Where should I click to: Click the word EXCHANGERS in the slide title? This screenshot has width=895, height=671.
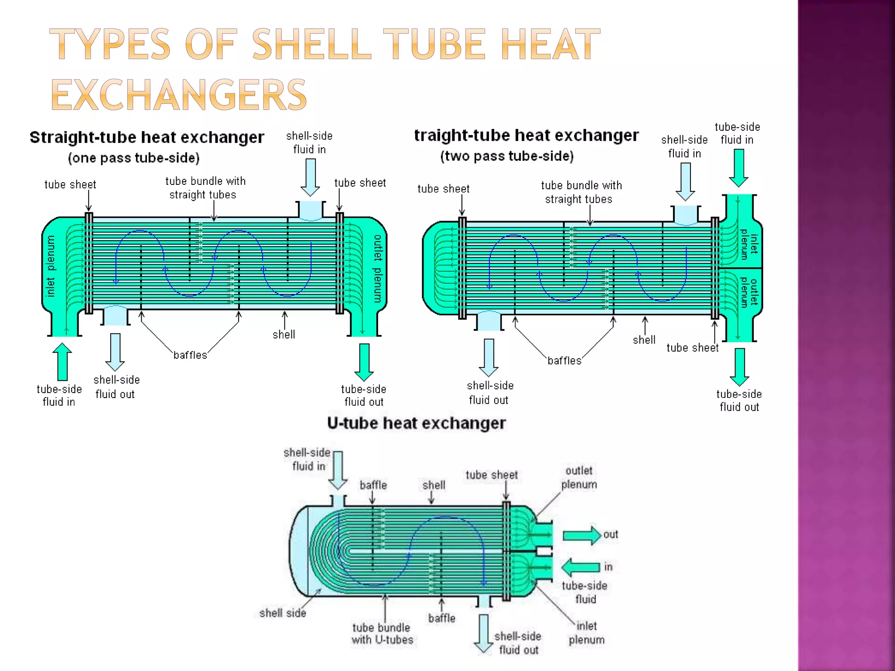click(x=179, y=95)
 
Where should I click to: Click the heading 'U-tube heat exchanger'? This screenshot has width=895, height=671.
click(x=416, y=423)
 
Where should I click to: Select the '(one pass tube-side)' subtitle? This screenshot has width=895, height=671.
click(x=134, y=158)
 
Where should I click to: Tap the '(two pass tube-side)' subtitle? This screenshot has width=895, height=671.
click(x=506, y=156)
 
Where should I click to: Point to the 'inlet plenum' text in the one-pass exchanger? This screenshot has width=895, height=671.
click(x=51, y=266)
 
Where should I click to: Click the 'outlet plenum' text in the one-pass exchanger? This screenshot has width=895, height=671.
click(x=378, y=268)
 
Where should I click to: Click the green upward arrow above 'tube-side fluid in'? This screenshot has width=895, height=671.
click(x=62, y=361)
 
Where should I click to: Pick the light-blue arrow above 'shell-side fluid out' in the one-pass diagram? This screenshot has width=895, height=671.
click(x=115, y=352)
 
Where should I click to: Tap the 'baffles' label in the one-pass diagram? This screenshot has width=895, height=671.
click(x=190, y=355)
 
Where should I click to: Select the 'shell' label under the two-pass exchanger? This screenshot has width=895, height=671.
click(x=644, y=340)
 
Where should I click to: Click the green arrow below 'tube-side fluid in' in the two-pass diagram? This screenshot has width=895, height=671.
click(x=739, y=168)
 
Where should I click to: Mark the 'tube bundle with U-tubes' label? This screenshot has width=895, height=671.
click(x=382, y=633)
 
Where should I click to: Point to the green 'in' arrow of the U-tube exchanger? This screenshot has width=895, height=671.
click(x=581, y=567)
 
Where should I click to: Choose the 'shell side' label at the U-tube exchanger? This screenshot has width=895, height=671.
click(x=282, y=613)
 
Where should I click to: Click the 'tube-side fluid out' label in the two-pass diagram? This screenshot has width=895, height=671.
click(x=739, y=401)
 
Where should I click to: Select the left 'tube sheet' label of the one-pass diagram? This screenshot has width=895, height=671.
click(x=70, y=185)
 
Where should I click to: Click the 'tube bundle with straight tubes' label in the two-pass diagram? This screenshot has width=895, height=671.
click(x=581, y=192)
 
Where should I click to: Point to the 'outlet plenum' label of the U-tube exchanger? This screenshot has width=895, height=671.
click(x=579, y=477)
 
